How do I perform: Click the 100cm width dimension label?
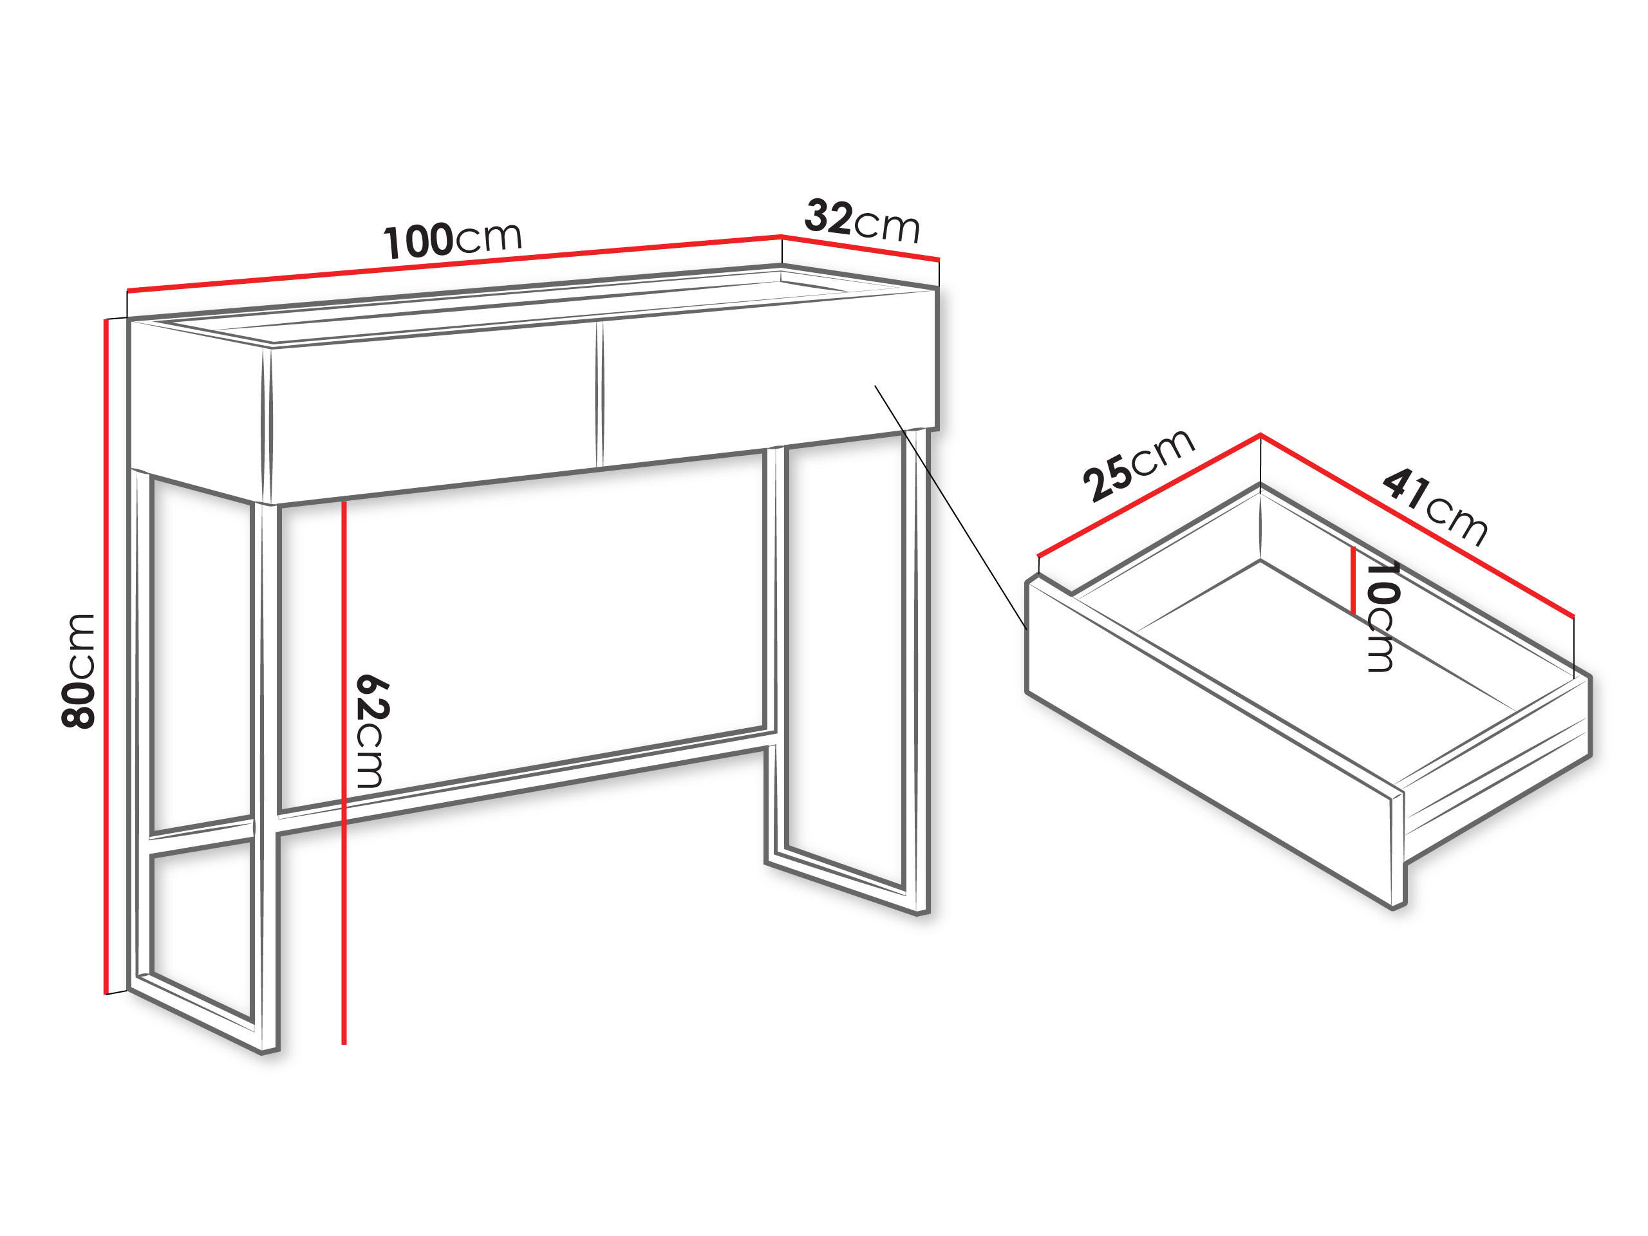[452, 240]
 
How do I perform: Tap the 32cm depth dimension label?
[863, 221]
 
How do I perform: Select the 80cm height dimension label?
[79, 671]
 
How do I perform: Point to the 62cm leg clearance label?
[370, 731]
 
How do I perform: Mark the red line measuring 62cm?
[344, 772]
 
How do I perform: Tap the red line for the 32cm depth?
[861, 248]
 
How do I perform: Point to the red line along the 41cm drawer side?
[1417, 525]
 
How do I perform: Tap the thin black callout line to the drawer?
[951, 508]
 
